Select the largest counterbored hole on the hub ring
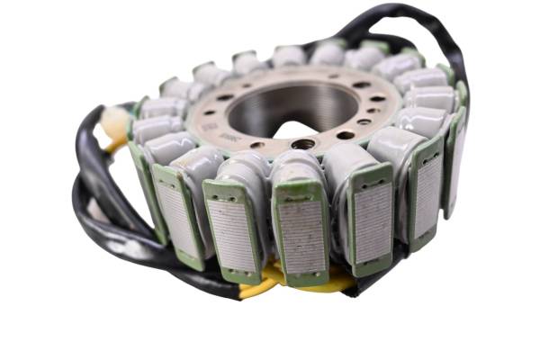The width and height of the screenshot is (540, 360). point(304,143)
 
